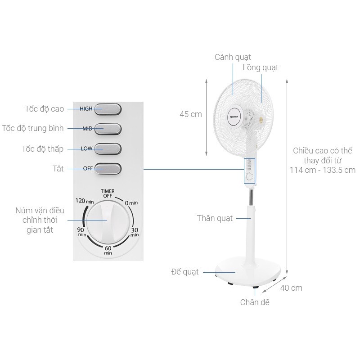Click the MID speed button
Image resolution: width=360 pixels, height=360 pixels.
[x=108, y=129]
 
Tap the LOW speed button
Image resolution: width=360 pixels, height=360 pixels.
[x=108, y=149]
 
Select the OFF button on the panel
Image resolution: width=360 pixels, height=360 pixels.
[x=108, y=169]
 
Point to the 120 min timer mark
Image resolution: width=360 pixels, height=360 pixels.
[x=85, y=201]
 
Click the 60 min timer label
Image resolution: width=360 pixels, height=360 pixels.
[x=108, y=250]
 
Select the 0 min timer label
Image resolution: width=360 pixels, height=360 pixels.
[x=131, y=203]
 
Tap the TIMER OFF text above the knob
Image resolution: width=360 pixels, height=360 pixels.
[x=108, y=193]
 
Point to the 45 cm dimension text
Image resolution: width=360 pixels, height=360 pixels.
[x=191, y=114]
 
